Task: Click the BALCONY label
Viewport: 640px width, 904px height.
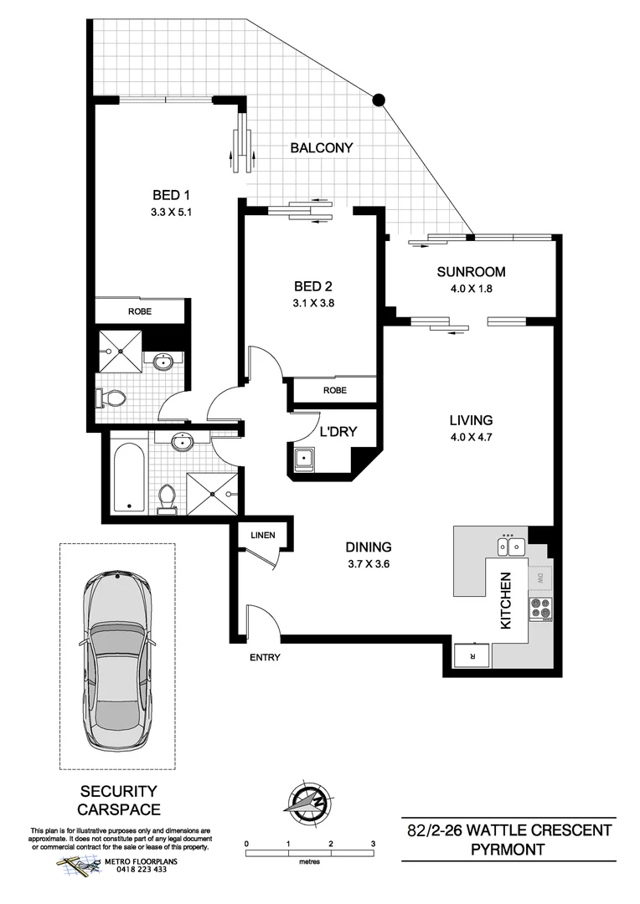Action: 322,148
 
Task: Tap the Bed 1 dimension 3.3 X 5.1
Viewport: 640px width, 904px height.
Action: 167,212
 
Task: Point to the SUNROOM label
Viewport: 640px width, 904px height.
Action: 471,271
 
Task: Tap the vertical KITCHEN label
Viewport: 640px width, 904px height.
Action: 507,601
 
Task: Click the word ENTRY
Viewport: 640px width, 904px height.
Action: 265,658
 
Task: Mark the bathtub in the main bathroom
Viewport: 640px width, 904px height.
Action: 128,475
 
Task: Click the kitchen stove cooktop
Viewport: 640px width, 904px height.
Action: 540,609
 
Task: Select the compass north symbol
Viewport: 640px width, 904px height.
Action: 307,802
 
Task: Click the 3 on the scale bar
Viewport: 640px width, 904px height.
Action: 374,844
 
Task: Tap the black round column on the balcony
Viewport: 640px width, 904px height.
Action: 379,100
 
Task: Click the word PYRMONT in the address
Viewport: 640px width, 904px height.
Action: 509,850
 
